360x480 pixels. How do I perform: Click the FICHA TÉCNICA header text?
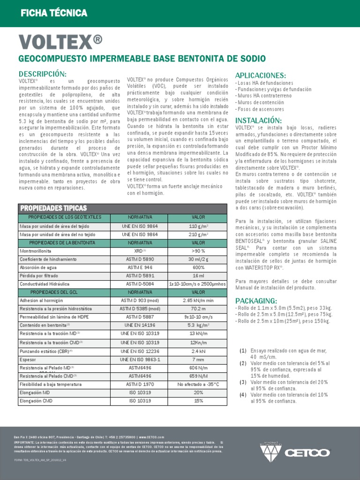[x=54, y=13]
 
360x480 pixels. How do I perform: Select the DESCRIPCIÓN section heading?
[x=42, y=74]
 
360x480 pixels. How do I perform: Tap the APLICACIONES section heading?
[x=260, y=75]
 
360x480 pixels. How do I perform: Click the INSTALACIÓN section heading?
[x=258, y=120]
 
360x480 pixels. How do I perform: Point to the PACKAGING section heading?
[x=256, y=300]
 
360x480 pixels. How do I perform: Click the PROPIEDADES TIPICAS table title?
[x=53, y=208]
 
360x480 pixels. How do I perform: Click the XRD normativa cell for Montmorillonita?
[x=140, y=251]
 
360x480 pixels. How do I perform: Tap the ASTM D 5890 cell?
[x=140, y=259]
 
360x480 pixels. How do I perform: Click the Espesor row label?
[x=28, y=359]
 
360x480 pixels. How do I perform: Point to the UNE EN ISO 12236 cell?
[x=140, y=351]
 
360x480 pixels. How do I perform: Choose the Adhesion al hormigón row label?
[x=42, y=300]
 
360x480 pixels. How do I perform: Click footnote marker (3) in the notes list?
[x=243, y=382]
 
